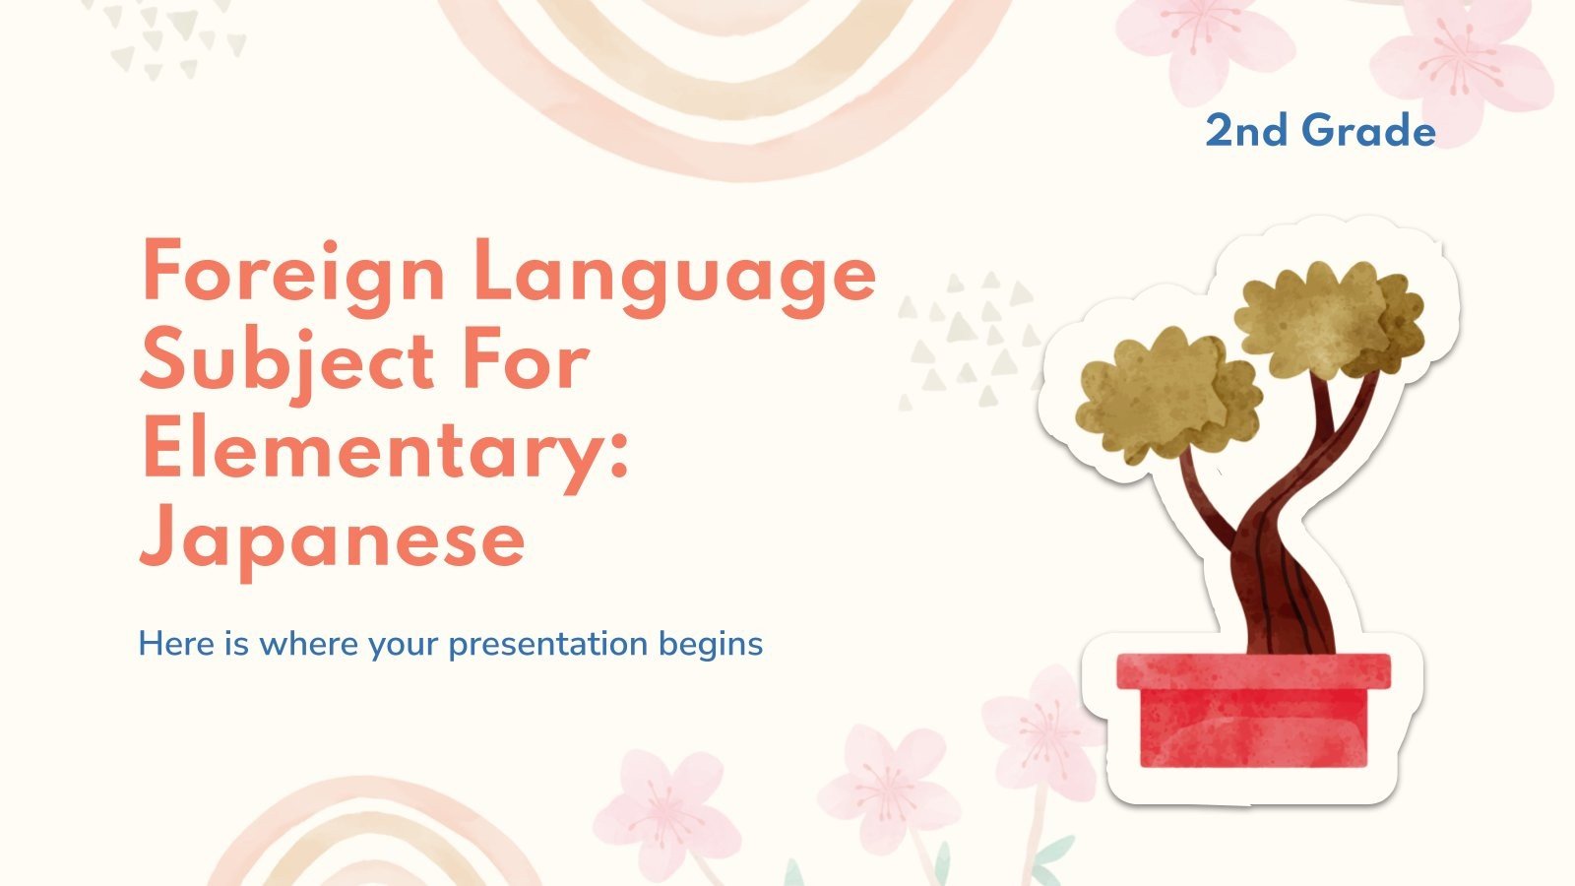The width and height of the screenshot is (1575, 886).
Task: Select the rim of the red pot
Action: [x=1253, y=670]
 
